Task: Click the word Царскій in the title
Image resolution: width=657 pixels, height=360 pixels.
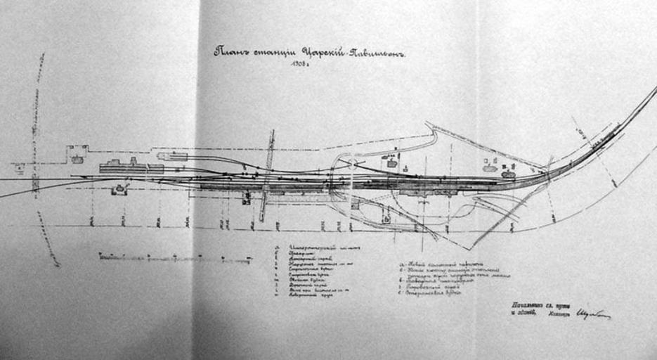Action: point(322,51)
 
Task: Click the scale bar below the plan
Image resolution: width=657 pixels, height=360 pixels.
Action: point(176,258)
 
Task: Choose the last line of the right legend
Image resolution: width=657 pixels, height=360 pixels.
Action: point(432,292)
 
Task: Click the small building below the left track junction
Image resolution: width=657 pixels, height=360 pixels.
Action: point(119,189)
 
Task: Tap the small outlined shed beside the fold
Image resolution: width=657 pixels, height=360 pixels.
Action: point(173,155)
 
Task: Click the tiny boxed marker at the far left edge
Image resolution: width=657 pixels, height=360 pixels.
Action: point(19,167)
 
